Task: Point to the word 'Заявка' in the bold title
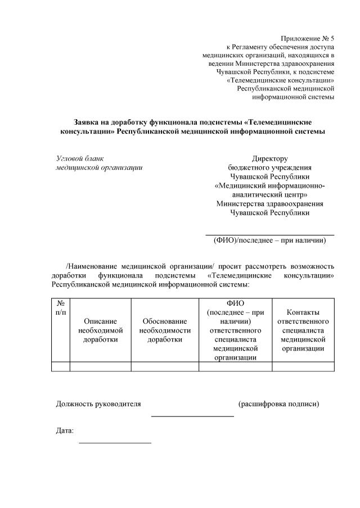point(87,121)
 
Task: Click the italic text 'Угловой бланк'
point(80,158)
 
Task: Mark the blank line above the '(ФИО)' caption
point(269,234)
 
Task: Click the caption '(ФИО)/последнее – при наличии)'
point(269,241)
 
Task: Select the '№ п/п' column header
point(60,307)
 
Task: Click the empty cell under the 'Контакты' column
point(303,366)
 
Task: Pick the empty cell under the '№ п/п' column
point(60,366)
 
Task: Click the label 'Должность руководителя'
point(98,404)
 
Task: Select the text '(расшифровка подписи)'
point(278,404)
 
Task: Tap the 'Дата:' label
point(65,431)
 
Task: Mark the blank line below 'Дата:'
point(115,443)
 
